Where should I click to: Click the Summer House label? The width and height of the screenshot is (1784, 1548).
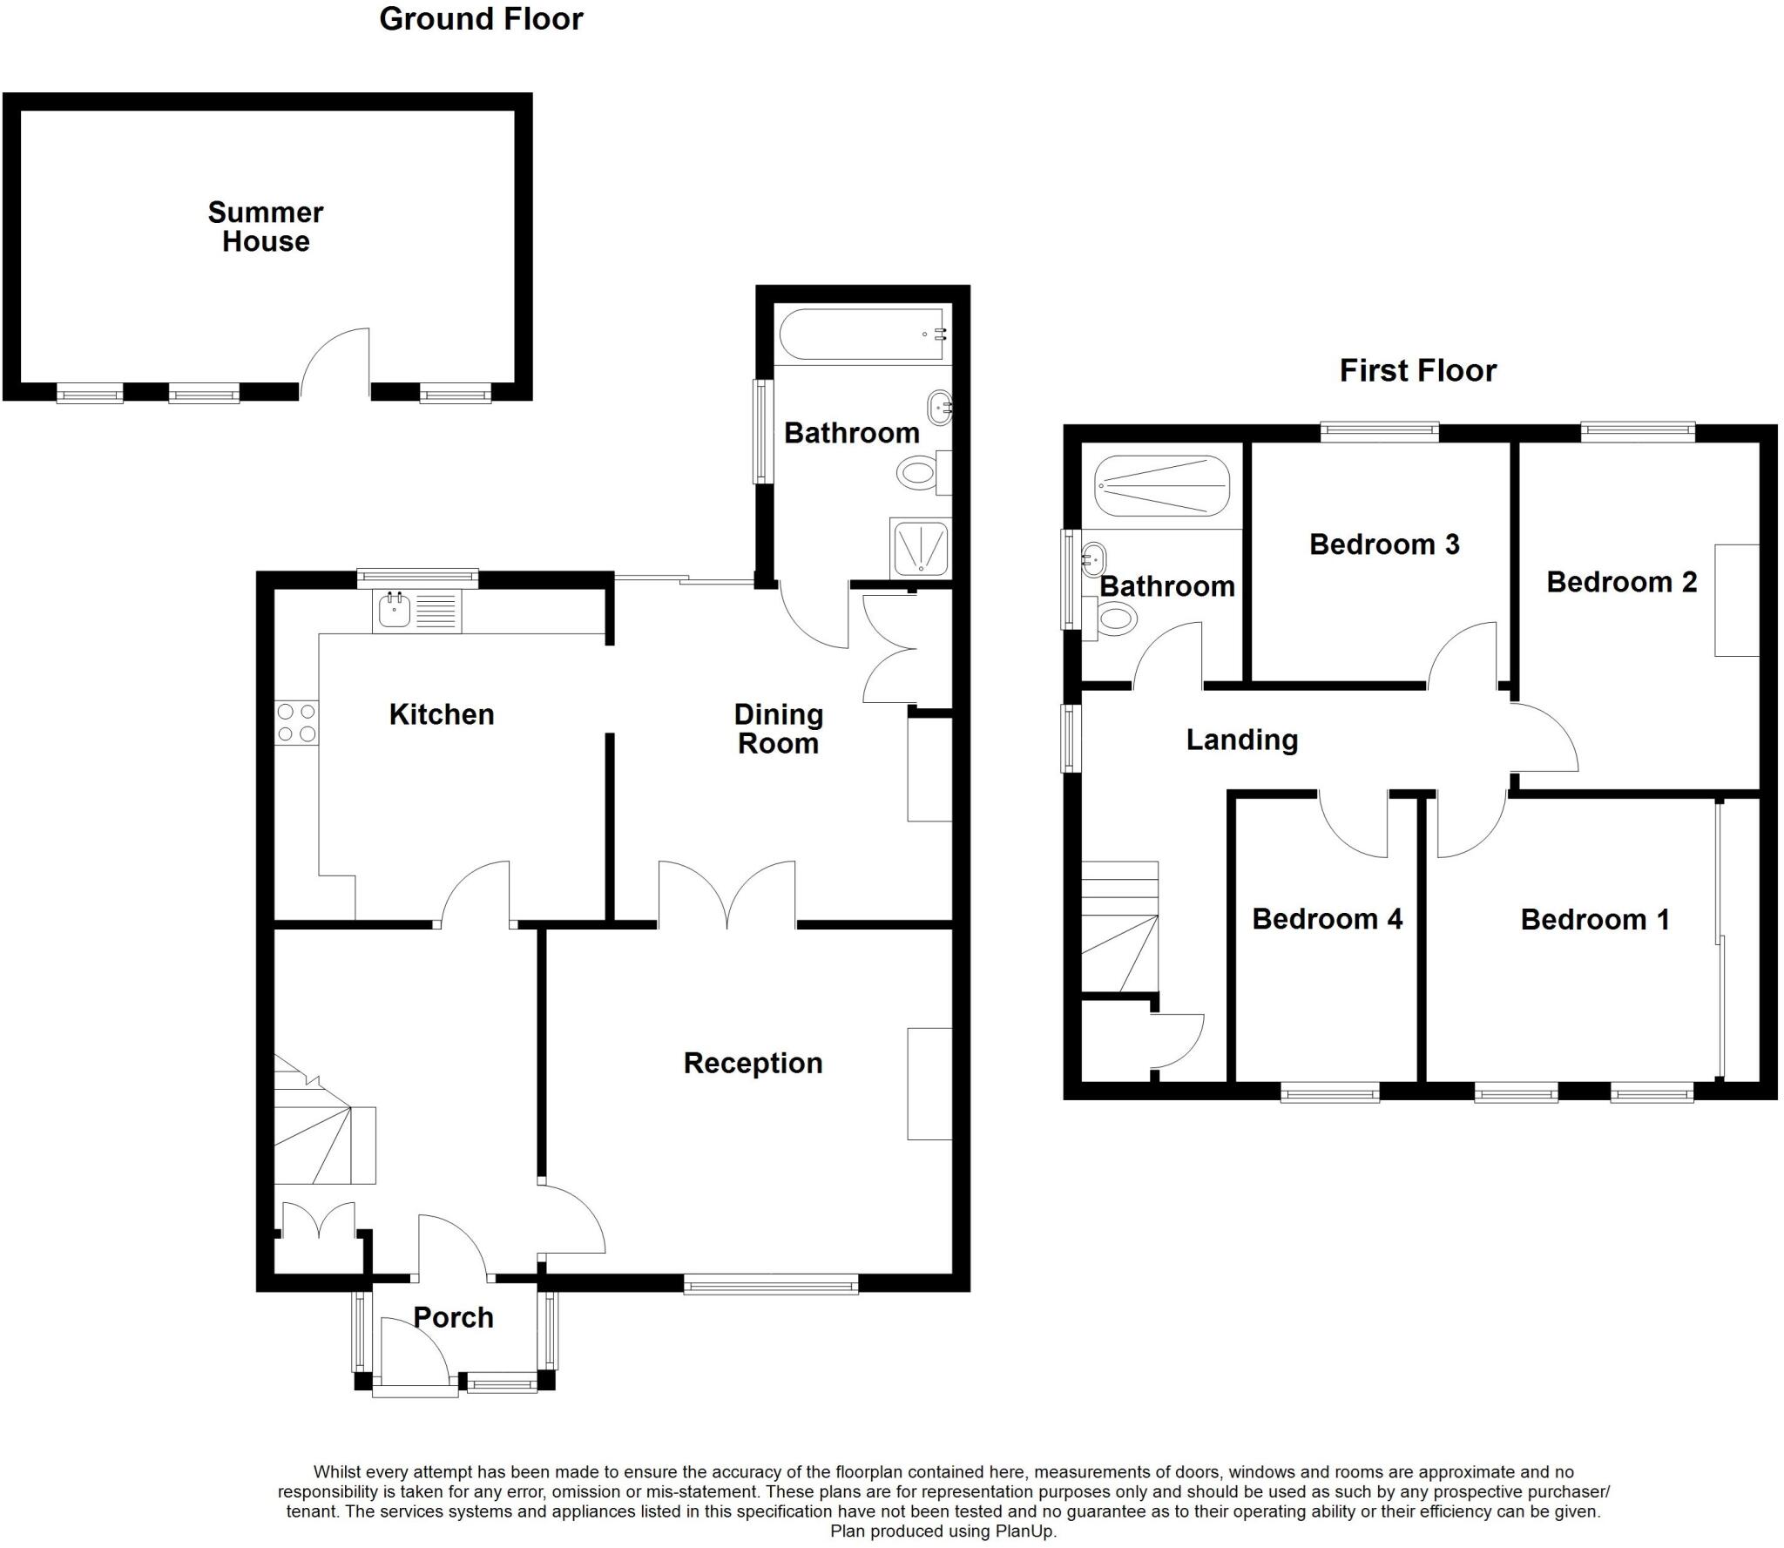tap(266, 226)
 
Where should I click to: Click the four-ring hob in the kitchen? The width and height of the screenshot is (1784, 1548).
tap(296, 723)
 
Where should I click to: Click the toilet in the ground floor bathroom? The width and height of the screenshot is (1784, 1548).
tap(919, 474)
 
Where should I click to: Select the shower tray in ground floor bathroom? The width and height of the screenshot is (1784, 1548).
tap(920, 549)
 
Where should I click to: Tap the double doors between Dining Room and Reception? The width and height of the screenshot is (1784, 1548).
tap(727, 893)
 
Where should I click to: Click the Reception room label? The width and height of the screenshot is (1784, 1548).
tap(753, 1063)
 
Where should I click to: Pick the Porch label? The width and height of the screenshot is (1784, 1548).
tap(454, 1317)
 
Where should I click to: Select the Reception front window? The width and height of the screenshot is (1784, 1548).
tap(771, 1283)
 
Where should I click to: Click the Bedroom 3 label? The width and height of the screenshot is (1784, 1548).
tap(1383, 544)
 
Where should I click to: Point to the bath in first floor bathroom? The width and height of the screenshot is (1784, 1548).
tap(1162, 486)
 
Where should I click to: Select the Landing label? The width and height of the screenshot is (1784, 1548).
tap(1241, 740)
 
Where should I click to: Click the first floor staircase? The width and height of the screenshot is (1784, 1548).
tap(1120, 928)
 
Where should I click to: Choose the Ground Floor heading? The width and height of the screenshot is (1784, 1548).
tap(481, 19)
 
